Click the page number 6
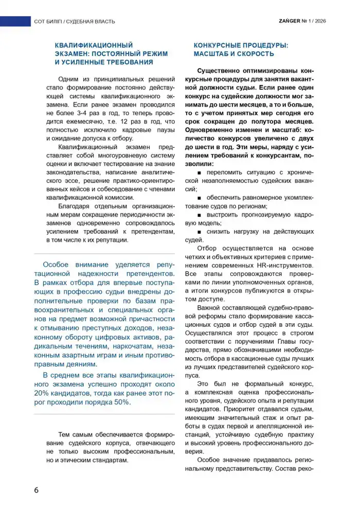pyautogui.click(x=37, y=489)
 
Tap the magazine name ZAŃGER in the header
pyautogui.click(x=289, y=21)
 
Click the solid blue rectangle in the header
pyautogui.click(x=15, y=21)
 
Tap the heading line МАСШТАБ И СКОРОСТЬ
pyautogui.click(x=233, y=54)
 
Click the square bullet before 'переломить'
pyautogui.click(x=199, y=171)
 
